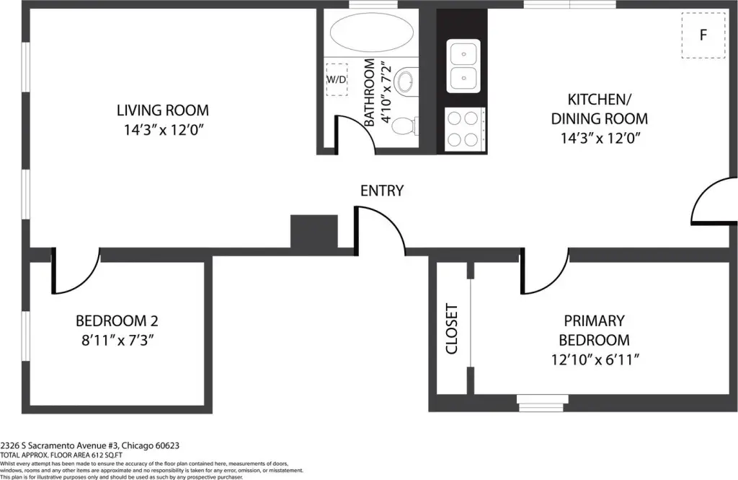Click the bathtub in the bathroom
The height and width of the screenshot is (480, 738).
(372, 32)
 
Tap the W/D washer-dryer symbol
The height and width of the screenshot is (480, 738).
(337, 79)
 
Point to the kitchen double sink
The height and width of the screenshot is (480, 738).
(463, 66)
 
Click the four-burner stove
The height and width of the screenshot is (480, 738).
(465, 130)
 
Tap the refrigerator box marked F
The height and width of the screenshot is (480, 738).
(703, 35)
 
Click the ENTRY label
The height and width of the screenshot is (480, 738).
(382, 191)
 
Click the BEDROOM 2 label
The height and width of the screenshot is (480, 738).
(117, 321)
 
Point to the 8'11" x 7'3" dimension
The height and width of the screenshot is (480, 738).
(117, 340)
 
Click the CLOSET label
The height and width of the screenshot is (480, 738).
(451, 328)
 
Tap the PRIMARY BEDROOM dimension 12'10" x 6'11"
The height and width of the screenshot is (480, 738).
(595, 359)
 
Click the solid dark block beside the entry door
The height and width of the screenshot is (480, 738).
(314, 232)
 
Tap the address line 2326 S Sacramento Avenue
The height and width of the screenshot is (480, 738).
(90, 445)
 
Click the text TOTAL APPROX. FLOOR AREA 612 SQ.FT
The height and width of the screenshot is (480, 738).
(61, 455)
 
